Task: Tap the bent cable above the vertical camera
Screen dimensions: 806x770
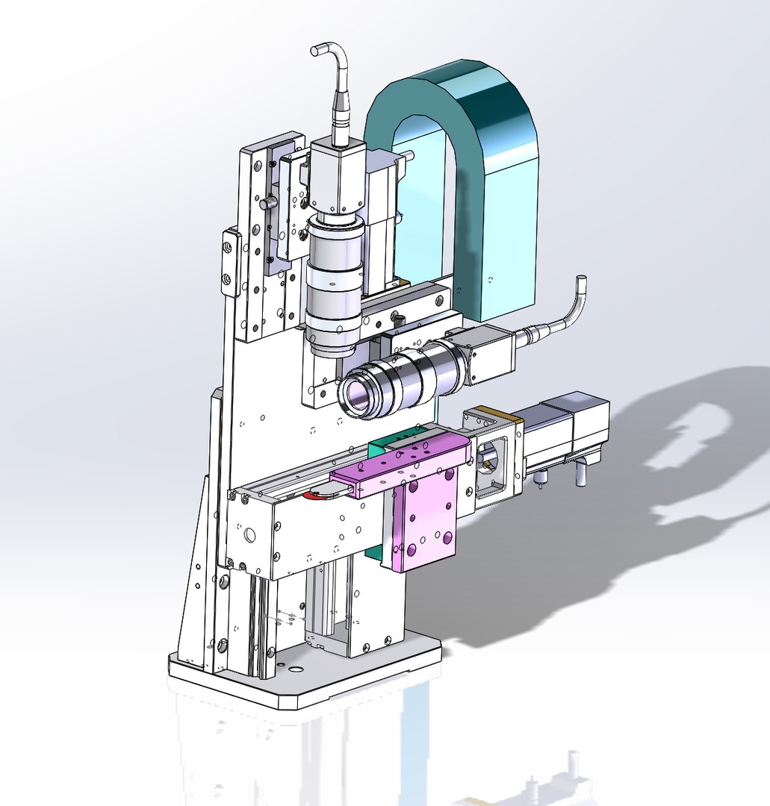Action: (336, 82)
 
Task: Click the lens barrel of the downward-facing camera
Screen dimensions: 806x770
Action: (334, 287)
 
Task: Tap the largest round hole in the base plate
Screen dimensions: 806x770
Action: (296, 669)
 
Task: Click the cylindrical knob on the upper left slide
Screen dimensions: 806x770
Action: (267, 203)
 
